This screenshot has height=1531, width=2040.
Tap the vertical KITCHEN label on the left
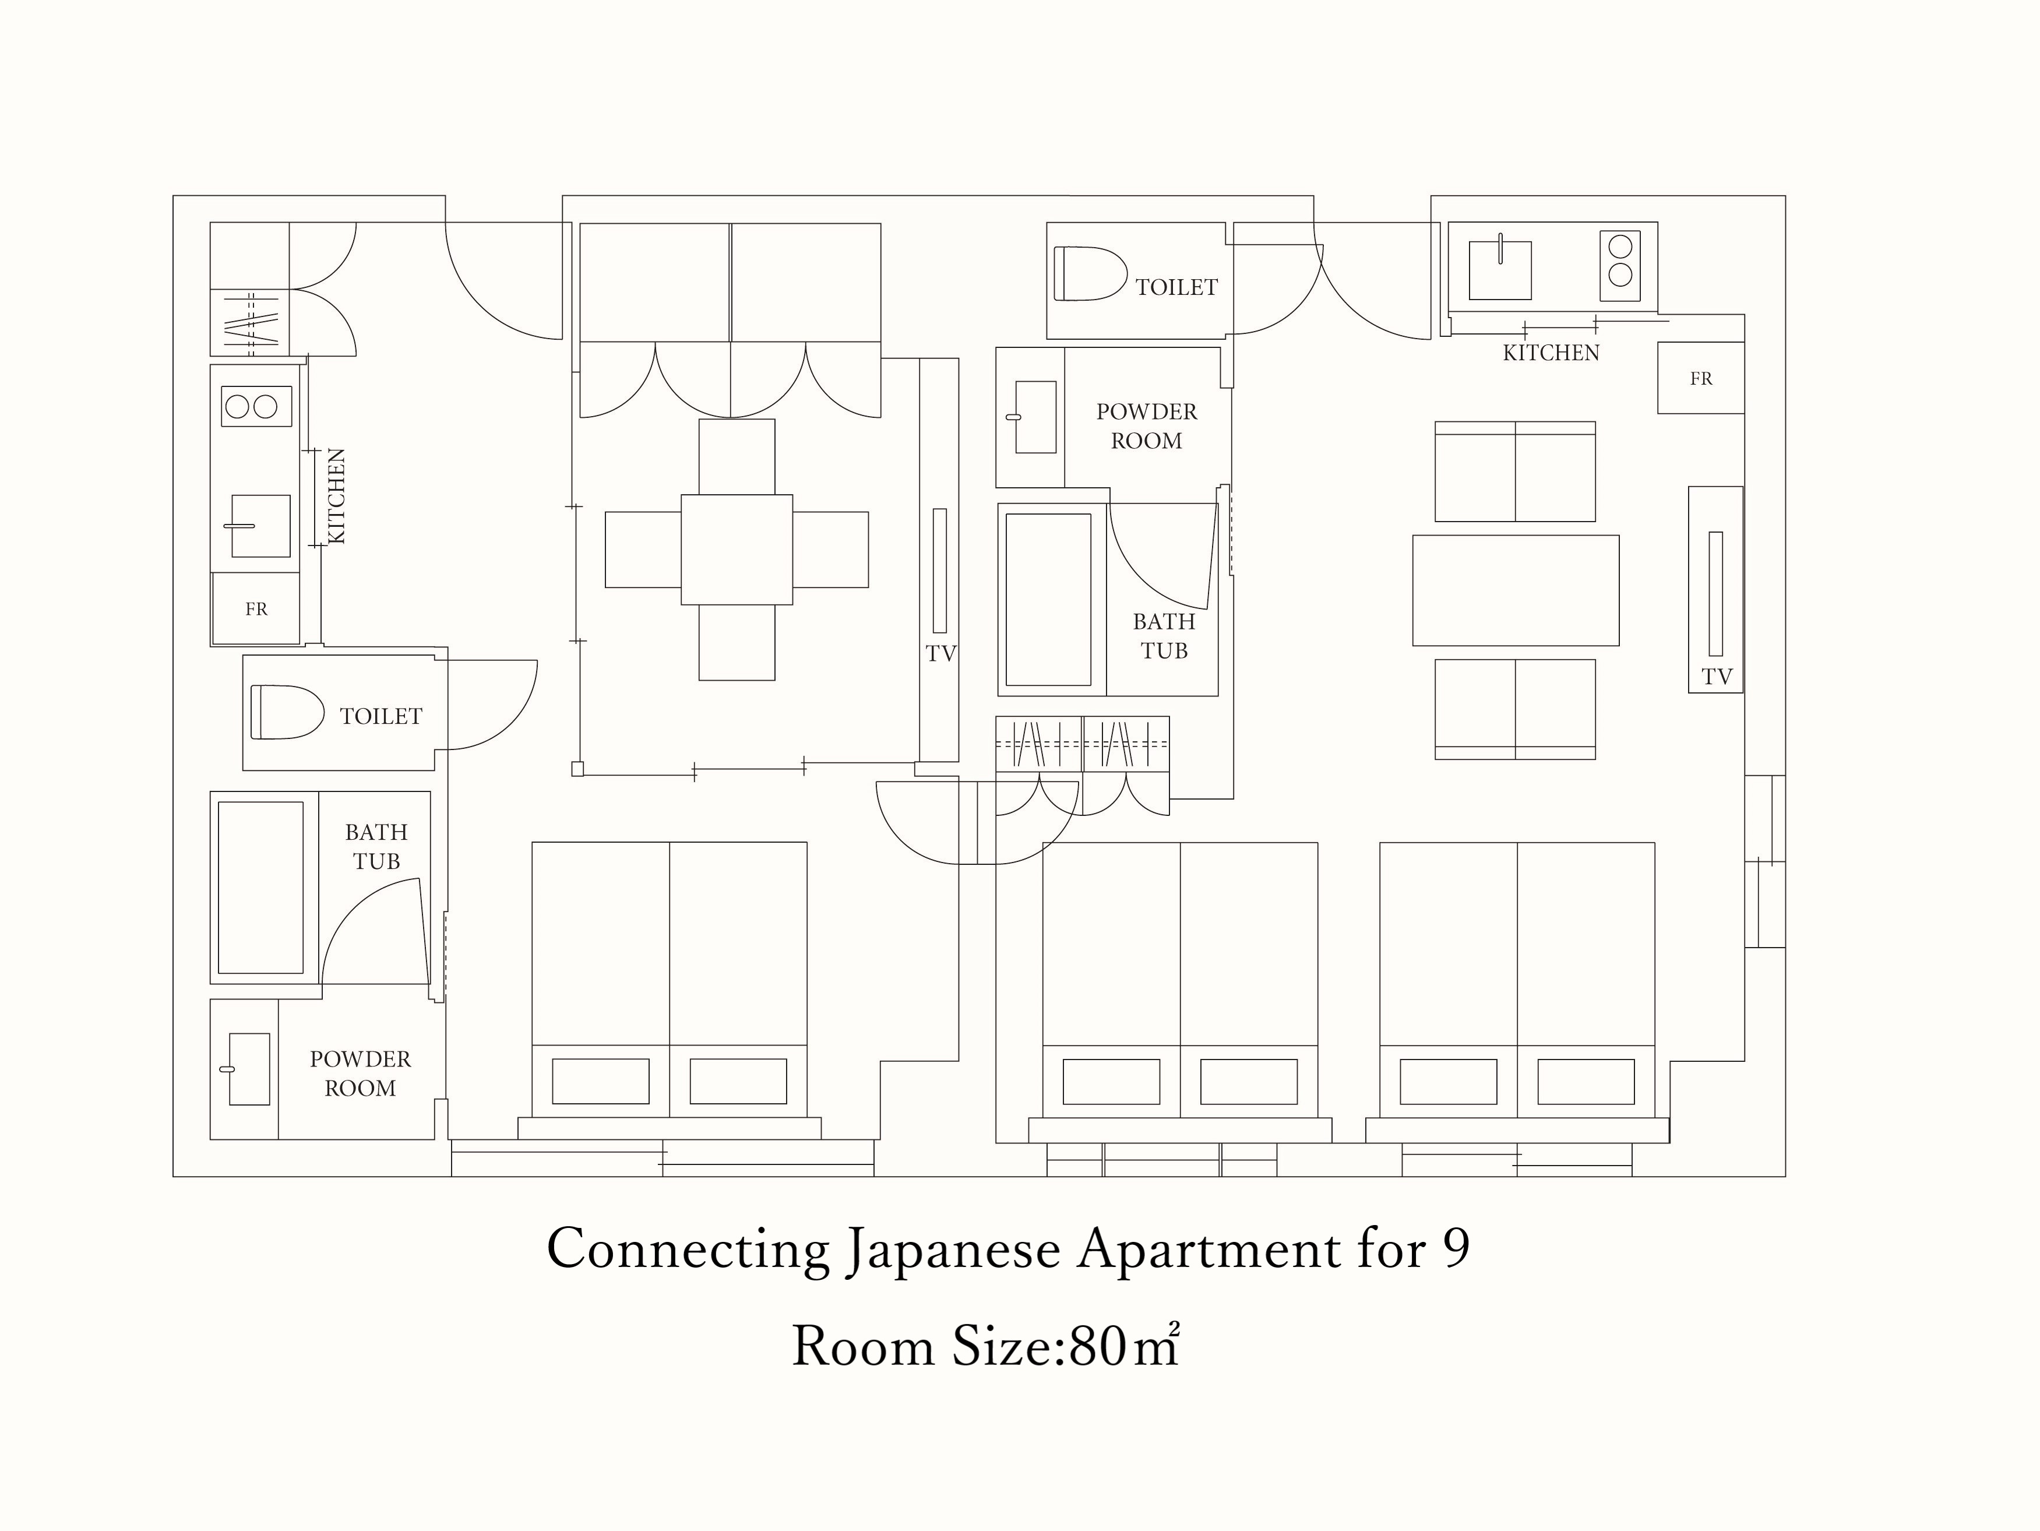(337, 496)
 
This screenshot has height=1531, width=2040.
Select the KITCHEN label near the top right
(1551, 353)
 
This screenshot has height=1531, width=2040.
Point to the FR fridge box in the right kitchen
(1701, 378)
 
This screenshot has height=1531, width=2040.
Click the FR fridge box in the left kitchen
(256, 608)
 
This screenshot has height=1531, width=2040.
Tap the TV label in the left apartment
(940, 654)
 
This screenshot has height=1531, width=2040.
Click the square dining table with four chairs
(737, 550)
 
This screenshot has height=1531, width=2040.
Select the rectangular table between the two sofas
(1515, 590)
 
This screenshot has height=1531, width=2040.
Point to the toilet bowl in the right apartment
(1090, 273)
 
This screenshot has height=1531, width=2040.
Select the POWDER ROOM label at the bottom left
(361, 1074)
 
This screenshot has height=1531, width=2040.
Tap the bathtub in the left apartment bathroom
(261, 887)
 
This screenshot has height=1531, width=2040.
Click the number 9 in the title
(1456, 1250)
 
